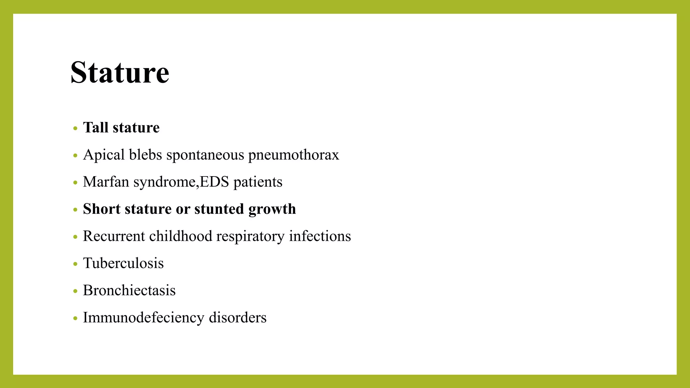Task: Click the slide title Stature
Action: (x=120, y=72)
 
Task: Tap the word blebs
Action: (x=146, y=155)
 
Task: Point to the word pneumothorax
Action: (x=293, y=155)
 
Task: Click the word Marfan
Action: (x=106, y=182)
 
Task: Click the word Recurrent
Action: (x=114, y=236)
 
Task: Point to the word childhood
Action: (x=181, y=236)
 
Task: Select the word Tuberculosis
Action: (x=123, y=263)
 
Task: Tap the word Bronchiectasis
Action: (x=129, y=290)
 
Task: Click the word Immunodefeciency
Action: (x=144, y=318)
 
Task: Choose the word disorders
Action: (x=238, y=318)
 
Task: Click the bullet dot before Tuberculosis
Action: (x=75, y=264)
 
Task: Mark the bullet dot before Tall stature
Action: (x=75, y=128)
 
